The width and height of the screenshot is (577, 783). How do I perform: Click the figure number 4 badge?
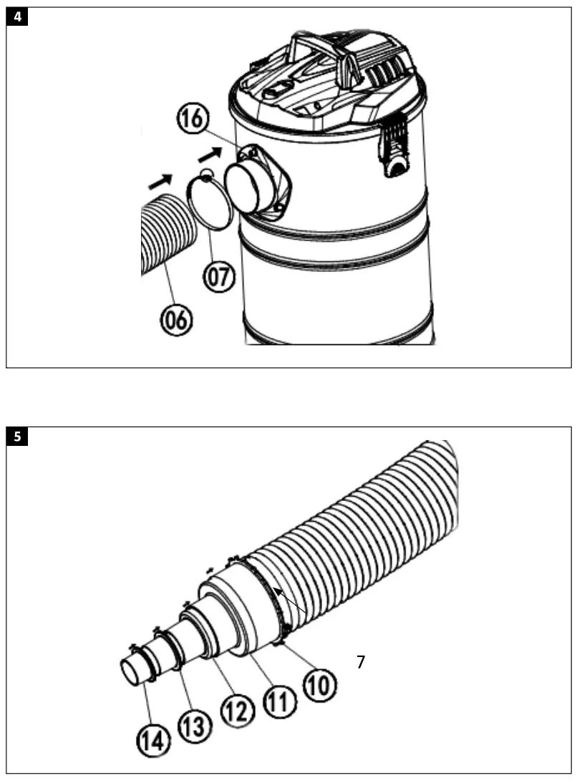[x=17, y=18]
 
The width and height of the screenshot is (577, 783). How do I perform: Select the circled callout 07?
[x=220, y=277]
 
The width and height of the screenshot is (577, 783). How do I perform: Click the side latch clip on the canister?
[x=394, y=150]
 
